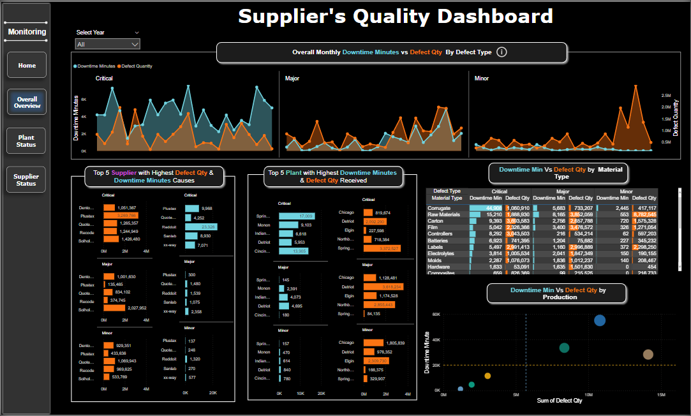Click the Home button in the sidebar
click(27, 65)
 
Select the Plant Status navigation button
click(27, 141)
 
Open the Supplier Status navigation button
click(27, 180)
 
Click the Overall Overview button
click(27, 102)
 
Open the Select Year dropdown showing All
click(107, 44)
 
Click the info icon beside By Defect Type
click(502, 52)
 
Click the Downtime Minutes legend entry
click(96, 66)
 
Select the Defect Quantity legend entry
click(137, 66)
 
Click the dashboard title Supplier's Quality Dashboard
click(396, 16)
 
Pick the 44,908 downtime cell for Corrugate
click(486, 208)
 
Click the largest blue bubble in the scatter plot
click(600, 320)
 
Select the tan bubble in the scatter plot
click(648, 354)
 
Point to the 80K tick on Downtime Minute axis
click(436, 315)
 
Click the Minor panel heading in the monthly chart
click(482, 78)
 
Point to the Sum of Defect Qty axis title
click(560, 401)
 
